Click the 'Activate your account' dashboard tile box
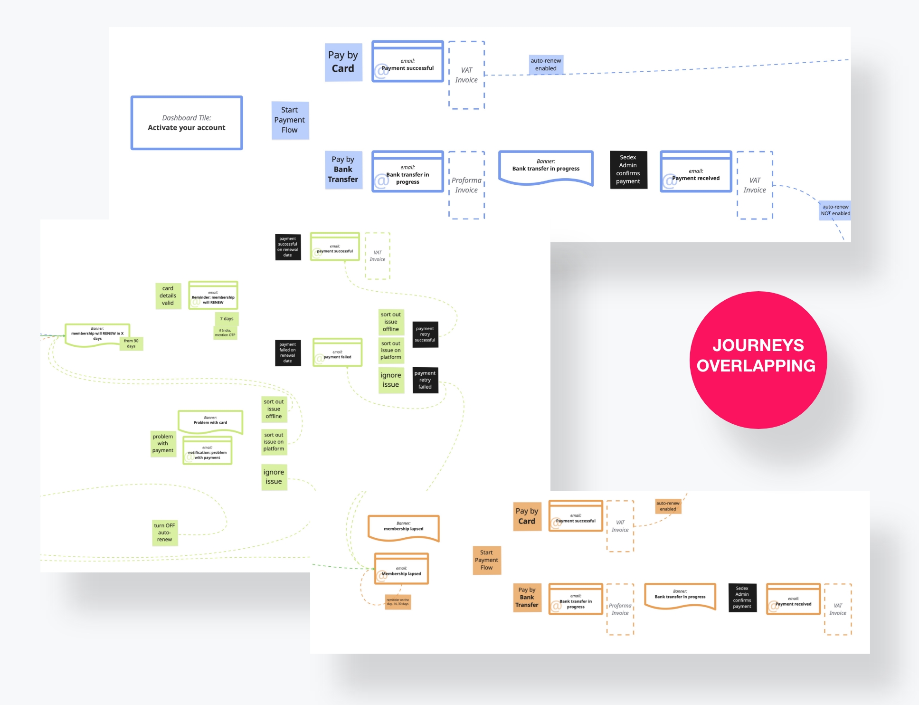(x=187, y=123)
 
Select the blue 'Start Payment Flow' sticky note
(x=290, y=120)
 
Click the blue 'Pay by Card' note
(x=343, y=62)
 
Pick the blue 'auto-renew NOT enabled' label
(x=835, y=210)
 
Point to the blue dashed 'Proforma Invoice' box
(x=466, y=185)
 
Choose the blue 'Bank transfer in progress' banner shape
(x=546, y=168)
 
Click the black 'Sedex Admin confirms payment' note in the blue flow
(x=628, y=170)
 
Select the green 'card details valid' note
(x=168, y=295)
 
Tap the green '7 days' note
(x=227, y=319)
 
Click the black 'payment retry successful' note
(x=425, y=334)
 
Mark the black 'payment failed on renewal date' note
(x=288, y=352)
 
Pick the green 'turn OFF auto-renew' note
(x=164, y=533)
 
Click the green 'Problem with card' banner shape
(x=210, y=421)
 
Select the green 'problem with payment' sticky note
(x=163, y=444)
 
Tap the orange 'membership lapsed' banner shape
(x=403, y=527)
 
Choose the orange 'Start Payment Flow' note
(x=486, y=560)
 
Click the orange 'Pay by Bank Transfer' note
(x=527, y=598)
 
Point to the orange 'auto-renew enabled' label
(x=668, y=506)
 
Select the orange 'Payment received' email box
(x=793, y=600)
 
